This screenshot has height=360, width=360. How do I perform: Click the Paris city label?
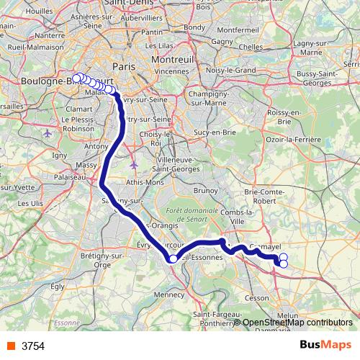(125, 66)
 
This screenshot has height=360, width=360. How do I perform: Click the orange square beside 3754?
(9, 346)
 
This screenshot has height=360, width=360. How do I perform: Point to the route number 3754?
(33, 346)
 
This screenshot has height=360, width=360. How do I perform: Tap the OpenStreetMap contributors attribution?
(297, 323)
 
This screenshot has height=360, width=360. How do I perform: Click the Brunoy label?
(205, 190)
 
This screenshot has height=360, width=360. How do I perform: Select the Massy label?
(86, 165)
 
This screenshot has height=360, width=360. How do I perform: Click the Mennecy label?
(170, 294)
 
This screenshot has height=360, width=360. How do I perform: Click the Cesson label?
(257, 297)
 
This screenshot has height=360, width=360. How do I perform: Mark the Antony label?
(96, 146)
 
